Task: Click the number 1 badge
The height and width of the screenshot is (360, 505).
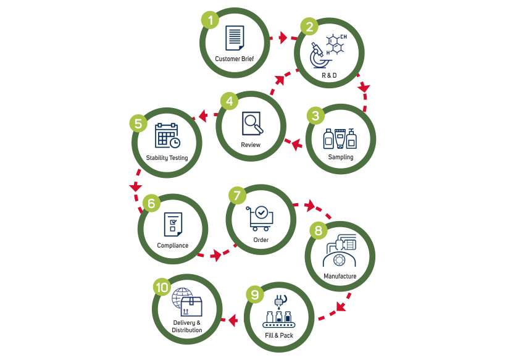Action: [211, 20]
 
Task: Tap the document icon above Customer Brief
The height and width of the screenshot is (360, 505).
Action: [233, 38]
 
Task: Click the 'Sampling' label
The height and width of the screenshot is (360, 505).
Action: [341, 157]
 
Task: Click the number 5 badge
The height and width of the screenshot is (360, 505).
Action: [139, 123]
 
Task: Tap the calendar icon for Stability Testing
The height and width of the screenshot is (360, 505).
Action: [167, 135]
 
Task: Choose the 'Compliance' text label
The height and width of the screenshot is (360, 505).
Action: [172, 245]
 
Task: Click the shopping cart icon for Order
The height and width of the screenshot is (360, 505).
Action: [260, 217]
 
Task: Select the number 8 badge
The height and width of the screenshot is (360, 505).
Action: [318, 231]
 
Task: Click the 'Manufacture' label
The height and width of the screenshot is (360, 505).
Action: [340, 275]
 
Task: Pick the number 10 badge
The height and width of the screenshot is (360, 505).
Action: [162, 287]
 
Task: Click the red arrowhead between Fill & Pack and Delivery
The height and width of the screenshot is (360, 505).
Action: [233, 320]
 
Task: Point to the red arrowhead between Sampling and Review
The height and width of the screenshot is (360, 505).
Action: [295, 145]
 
